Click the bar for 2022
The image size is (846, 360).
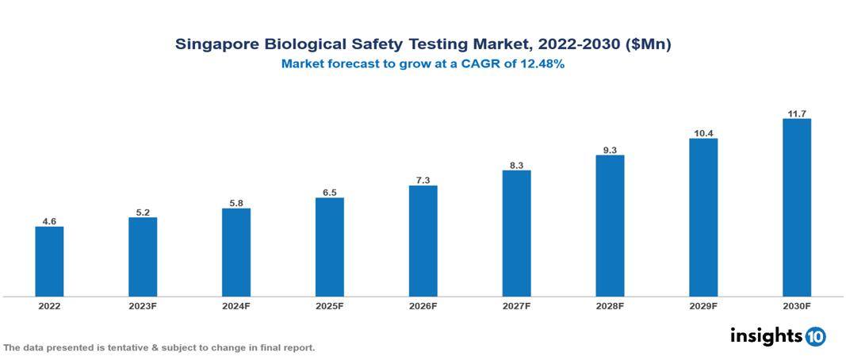tap(49, 262)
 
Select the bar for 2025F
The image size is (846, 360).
tap(330, 247)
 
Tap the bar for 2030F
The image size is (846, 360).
tap(797, 208)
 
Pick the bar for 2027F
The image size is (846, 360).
tap(516, 233)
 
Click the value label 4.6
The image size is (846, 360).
tap(49, 221)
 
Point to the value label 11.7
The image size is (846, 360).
tap(797, 113)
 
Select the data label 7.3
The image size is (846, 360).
tap(423, 180)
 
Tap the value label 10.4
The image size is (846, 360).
tap(703, 133)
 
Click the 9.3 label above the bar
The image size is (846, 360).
tap(610, 149)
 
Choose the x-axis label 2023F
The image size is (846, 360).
tap(143, 306)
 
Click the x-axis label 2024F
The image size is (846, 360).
tap(236, 306)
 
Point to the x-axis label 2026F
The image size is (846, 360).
tap(423, 306)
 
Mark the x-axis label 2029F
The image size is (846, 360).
tap(703, 306)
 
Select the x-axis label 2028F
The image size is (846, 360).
tap(610, 306)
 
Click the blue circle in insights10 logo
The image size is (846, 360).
tap(815, 336)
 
